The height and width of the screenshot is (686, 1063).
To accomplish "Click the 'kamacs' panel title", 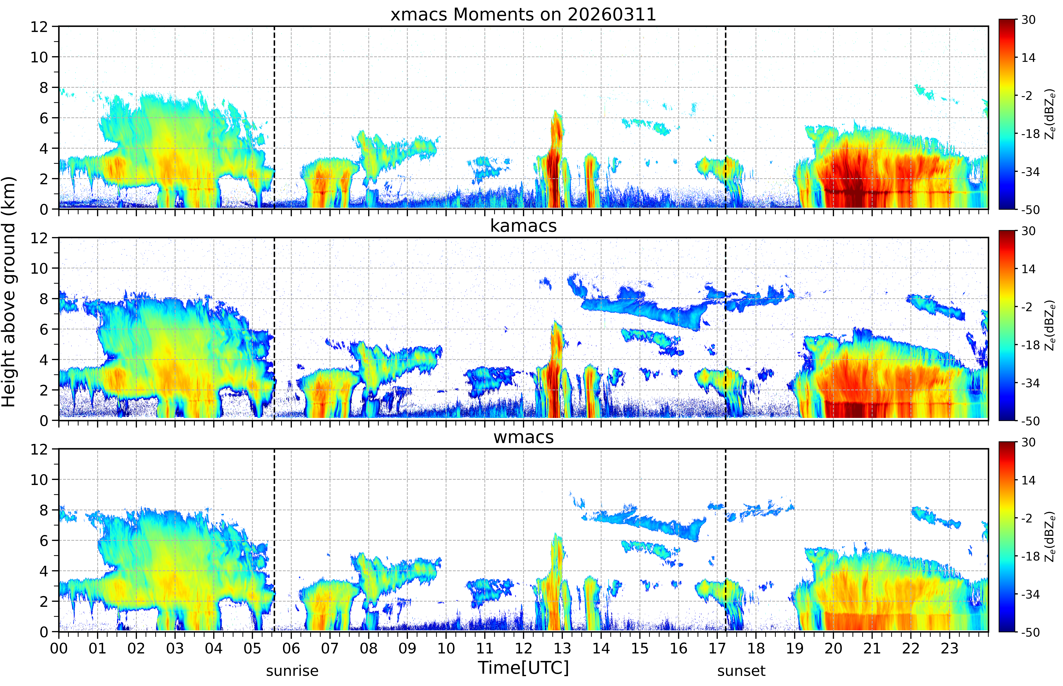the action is [523, 226].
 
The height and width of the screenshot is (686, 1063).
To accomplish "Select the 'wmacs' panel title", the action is [523, 437].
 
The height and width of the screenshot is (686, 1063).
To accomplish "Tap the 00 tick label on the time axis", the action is [59, 648].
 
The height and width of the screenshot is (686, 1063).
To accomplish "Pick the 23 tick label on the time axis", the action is [949, 648].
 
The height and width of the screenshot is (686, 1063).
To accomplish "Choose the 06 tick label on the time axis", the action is [291, 648].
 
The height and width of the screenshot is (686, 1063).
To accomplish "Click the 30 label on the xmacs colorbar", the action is [1028, 20].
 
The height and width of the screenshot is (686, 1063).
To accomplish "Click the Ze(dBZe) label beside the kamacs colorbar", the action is [1050, 325].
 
